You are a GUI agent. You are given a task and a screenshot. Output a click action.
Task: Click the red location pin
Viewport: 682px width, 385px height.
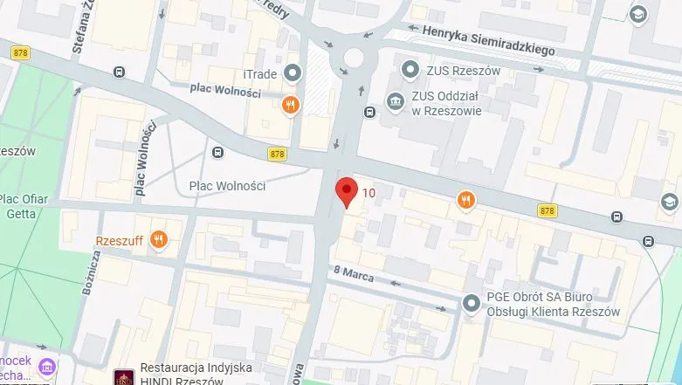(347, 190)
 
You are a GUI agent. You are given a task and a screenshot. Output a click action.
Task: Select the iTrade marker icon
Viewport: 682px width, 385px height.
(293, 72)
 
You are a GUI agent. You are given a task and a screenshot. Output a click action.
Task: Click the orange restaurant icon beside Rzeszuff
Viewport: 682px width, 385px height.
(158, 239)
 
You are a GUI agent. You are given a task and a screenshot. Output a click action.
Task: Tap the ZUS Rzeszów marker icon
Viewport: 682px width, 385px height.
(408, 68)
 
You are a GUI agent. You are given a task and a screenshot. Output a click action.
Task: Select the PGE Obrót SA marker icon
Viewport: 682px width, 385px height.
(472, 304)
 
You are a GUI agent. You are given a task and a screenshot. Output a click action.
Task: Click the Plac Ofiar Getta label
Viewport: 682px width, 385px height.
(24, 206)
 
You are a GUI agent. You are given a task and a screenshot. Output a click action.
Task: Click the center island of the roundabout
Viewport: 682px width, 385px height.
(354, 58)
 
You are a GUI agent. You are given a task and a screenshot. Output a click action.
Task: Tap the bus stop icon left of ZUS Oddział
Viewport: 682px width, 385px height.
(369, 111)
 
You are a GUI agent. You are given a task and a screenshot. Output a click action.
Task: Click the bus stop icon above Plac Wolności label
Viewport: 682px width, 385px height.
(217, 155)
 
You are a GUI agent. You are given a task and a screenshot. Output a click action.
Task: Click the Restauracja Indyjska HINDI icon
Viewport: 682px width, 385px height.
(124, 377)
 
